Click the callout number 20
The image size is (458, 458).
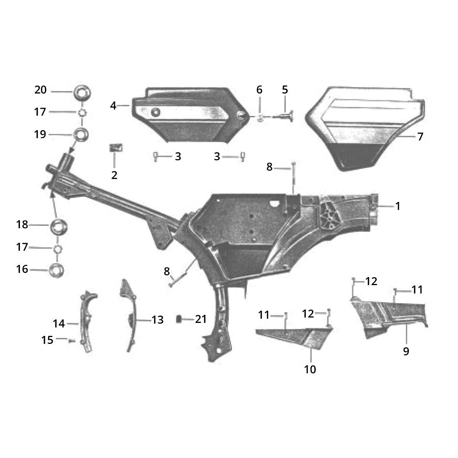pyautogui.click(x=40, y=90)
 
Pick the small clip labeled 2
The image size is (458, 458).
pyautogui.click(x=116, y=148)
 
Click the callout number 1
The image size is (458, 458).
pyautogui.click(x=398, y=206)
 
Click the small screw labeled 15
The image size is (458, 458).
pyautogui.click(x=71, y=340)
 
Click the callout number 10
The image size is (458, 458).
pyautogui.click(x=310, y=369)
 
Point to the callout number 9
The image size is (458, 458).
pyautogui.click(x=406, y=351)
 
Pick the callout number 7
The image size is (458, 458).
pyautogui.click(x=420, y=137)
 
